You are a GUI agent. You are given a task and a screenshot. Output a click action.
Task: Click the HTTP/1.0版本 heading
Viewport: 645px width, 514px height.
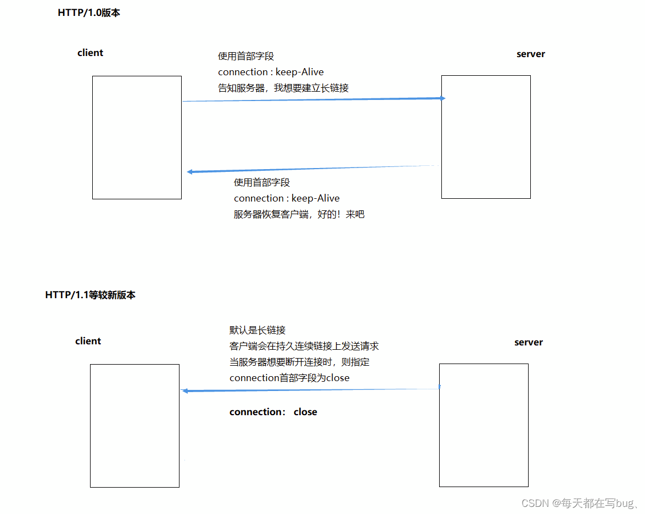point(89,13)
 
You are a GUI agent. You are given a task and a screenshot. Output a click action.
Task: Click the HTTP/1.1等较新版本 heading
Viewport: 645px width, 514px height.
point(90,295)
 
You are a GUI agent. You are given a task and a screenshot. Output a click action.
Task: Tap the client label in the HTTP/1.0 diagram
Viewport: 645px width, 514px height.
point(91,53)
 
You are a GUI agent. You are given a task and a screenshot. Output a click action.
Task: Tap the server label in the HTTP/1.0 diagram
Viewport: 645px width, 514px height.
point(531,54)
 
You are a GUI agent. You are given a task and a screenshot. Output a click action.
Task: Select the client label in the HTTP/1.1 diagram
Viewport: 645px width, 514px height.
point(88,342)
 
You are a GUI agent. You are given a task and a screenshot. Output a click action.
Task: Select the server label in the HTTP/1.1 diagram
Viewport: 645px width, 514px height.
point(529,343)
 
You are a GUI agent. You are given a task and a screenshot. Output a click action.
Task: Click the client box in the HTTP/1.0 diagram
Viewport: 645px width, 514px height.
point(137,137)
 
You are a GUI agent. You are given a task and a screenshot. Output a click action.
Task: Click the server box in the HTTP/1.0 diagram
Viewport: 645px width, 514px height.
point(486,137)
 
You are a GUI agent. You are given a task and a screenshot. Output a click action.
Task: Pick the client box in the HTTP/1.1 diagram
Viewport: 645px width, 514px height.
point(134,426)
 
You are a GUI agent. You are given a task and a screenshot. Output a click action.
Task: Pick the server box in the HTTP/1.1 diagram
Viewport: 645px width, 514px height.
point(484,425)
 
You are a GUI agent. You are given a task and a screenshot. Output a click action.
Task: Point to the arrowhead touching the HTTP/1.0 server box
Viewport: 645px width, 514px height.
point(442,98)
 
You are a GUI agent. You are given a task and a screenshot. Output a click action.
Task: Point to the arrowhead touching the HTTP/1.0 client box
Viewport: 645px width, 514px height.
point(189,172)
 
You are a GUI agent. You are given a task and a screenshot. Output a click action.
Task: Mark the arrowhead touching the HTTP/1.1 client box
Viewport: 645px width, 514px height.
point(186,391)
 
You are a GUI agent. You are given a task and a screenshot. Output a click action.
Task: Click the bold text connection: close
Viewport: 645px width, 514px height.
point(273,412)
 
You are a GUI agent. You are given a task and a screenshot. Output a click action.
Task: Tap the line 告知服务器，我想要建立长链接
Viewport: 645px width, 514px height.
point(283,88)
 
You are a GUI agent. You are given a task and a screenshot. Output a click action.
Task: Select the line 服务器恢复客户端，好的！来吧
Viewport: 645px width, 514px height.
point(299,215)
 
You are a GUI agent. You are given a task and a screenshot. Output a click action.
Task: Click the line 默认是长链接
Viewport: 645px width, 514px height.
point(257,331)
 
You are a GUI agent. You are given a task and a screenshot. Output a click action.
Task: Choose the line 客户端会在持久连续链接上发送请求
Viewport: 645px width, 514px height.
point(304,347)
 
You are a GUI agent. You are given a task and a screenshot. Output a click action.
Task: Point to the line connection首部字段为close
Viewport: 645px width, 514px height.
point(289,378)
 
